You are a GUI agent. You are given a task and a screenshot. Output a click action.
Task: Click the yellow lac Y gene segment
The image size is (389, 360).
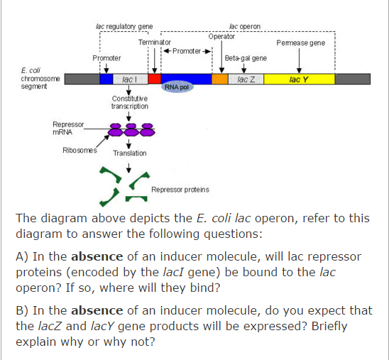click(299, 79)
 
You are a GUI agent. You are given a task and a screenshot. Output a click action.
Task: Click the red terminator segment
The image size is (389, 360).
click(154, 79)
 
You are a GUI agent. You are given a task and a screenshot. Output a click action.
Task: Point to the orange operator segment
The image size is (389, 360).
click(220, 79)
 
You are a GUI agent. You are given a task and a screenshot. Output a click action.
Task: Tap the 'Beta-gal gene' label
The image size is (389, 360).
click(246, 58)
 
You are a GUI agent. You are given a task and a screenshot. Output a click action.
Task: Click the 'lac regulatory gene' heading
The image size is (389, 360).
click(124, 26)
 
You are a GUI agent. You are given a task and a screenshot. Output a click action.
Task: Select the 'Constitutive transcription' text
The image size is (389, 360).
click(130, 102)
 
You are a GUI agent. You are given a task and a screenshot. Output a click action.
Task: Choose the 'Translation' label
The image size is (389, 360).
click(130, 153)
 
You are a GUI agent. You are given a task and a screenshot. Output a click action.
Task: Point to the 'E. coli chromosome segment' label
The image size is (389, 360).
click(25, 78)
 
